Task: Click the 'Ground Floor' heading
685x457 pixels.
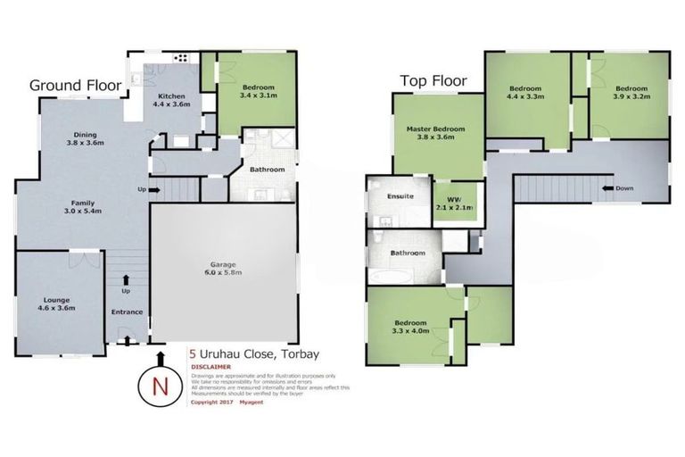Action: (x=76, y=86)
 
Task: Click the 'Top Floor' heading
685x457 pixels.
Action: (x=433, y=80)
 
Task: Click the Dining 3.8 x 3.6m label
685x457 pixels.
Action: (x=86, y=137)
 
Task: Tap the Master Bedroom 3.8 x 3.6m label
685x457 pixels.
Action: (x=435, y=134)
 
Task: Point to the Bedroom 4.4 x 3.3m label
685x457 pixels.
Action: (x=526, y=93)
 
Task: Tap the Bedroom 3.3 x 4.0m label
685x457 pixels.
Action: (x=410, y=327)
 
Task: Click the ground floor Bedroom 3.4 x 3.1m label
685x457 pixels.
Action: (x=257, y=90)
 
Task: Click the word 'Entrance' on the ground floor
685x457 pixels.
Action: (x=128, y=312)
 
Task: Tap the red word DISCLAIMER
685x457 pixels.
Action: (x=211, y=367)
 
